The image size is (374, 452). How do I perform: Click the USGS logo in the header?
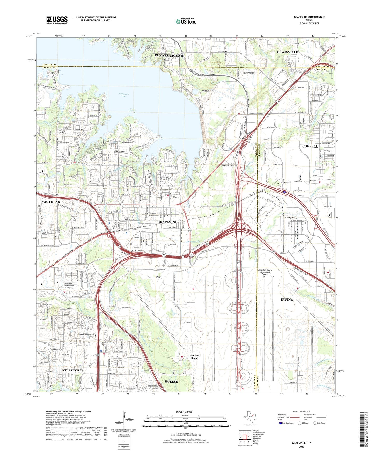[x=57, y=20]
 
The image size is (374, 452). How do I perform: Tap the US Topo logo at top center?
[x=186, y=21]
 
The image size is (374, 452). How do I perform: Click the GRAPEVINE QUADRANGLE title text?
[x=309, y=17]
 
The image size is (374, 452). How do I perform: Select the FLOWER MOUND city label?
[x=169, y=56]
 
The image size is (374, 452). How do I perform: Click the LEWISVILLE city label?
[x=288, y=52]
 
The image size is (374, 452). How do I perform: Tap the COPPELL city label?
[x=310, y=146]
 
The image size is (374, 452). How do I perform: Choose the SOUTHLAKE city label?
[x=52, y=202]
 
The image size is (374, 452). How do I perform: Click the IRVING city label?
[x=287, y=300]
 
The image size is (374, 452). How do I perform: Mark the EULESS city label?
[x=171, y=381]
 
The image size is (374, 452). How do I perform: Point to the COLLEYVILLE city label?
[x=73, y=370]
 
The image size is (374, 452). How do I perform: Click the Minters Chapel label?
[x=194, y=357]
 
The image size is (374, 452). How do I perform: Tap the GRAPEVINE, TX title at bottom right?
[x=302, y=443]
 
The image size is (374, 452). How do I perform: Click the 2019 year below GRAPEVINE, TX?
[x=302, y=447]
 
